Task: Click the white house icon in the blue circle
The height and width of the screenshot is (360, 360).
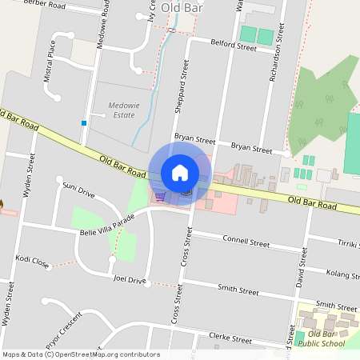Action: [x=180, y=173]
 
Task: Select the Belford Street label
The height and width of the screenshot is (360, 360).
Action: [x=233, y=46]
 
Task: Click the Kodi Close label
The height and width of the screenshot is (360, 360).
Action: [x=32, y=262]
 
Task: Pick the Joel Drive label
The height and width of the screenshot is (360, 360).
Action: [x=130, y=280]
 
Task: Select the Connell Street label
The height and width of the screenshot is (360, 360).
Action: [x=246, y=241]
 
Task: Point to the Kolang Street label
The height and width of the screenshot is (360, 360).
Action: [x=342, y=274]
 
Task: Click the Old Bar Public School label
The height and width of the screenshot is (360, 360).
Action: [x=326, y=338]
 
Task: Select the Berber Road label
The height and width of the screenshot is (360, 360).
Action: [x=44, y=4]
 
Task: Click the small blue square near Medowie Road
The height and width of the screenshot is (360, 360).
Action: [x=83, y=123]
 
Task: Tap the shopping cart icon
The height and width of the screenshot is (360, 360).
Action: [x=160, y=195]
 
